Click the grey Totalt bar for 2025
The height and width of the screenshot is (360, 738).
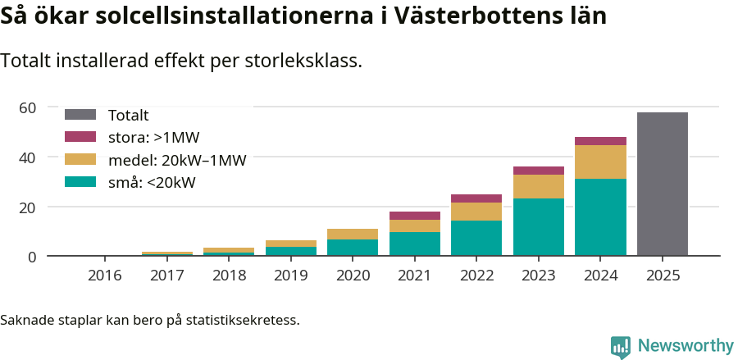tap(662, 184)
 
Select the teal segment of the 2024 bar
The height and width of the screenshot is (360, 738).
tap(600, 216)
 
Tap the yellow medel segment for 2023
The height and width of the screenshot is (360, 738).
tap(538, 186)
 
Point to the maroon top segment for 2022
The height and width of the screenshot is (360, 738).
tap(476, 198)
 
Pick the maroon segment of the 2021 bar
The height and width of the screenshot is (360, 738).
tap(414, 216)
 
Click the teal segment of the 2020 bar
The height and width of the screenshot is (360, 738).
tap(353, 247)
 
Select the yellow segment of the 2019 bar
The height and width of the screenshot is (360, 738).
tap(290, 244)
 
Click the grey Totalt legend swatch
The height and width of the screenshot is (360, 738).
tap(80, 116)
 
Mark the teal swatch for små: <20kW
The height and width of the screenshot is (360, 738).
tap(80, 182)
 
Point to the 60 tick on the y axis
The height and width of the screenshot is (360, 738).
tap(28, 107)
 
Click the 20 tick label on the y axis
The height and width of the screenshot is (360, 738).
tap(28, 207)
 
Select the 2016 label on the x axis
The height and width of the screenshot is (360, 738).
tap(104, 276)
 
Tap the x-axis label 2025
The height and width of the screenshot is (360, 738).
tap(662, 276)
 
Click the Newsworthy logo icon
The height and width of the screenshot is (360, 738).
tap(621, 346)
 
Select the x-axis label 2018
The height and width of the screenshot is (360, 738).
tap(228, 276)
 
